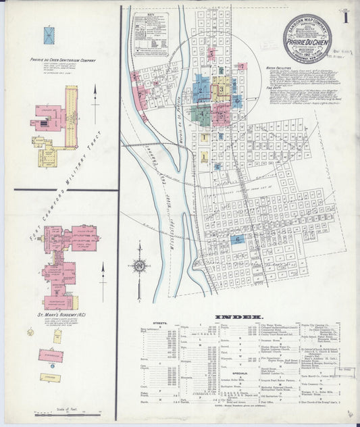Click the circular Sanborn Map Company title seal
(x=307, y=38)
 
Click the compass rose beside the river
(x=140, y=266)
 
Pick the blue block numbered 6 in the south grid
(x=238, y=238)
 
